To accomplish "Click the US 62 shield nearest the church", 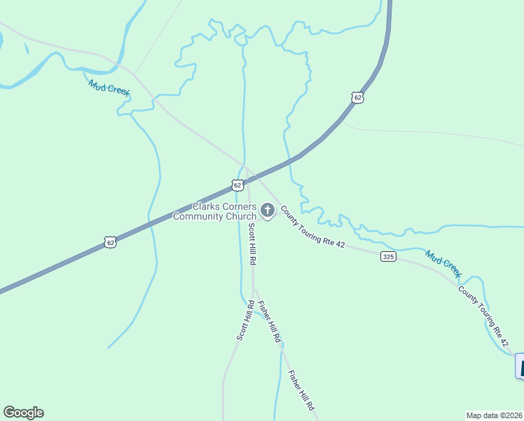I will coord(237,185).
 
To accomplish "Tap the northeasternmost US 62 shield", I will coord(358,98).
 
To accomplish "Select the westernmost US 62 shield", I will coord(109,242).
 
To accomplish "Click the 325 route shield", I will coord(389,256).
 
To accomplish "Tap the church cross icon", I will coord(267,210).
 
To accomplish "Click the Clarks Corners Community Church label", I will coord(214,211).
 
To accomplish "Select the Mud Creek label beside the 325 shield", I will coord(444,263).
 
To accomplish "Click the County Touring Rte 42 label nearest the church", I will coord(312,225).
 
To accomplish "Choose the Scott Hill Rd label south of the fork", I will coord(244,320).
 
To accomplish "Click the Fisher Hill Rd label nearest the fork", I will coord(269,321).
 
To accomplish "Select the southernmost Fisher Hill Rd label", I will coord(302,391).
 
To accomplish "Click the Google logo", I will coord(23,413).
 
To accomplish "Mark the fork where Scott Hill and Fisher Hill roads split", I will coord(254,289).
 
